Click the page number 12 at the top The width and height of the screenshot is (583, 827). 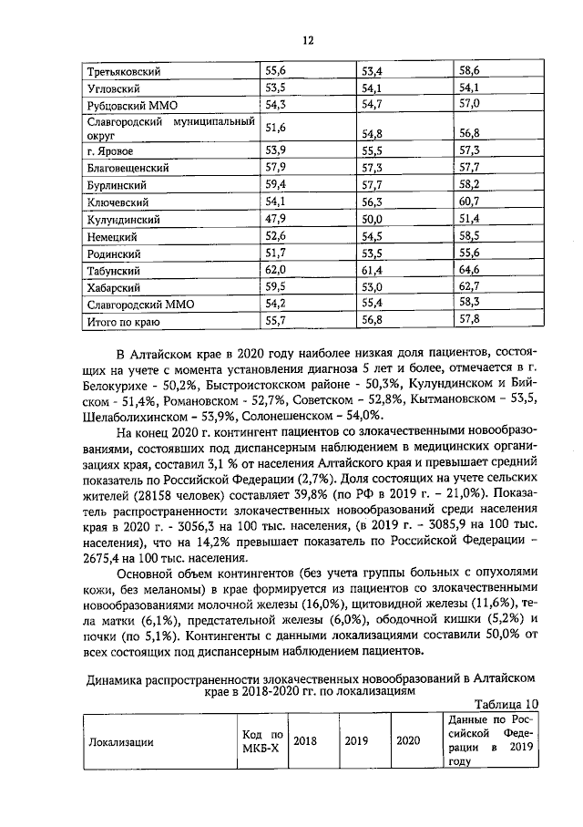click(x=308, y=40)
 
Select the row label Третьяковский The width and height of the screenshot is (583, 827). click(x=123, y=71)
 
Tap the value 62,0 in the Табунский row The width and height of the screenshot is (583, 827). click(x=275, y=271)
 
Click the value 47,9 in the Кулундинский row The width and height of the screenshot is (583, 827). click(x=275, y=220)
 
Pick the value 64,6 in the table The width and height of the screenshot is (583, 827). click(x=469, y=271)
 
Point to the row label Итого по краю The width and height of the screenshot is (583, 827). click(x=123, y=322)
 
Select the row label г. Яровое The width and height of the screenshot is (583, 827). click(x=108, y=150)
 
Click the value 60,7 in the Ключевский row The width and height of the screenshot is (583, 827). click(x=469, y=202)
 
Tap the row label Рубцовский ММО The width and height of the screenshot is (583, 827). click(x=126, y=106)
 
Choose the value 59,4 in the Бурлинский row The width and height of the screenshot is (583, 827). click(x=275, y=184)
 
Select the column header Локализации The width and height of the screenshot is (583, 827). click(x=120, y=741)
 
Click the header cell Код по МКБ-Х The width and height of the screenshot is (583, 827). click(x=262, y=741)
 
